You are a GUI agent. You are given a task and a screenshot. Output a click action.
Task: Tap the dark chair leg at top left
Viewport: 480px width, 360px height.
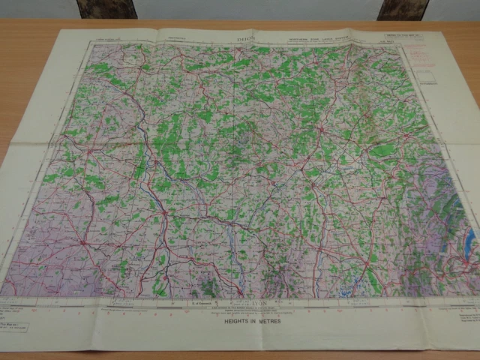point(106,8)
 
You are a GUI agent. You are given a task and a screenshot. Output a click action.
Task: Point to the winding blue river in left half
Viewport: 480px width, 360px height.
point(154,184)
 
